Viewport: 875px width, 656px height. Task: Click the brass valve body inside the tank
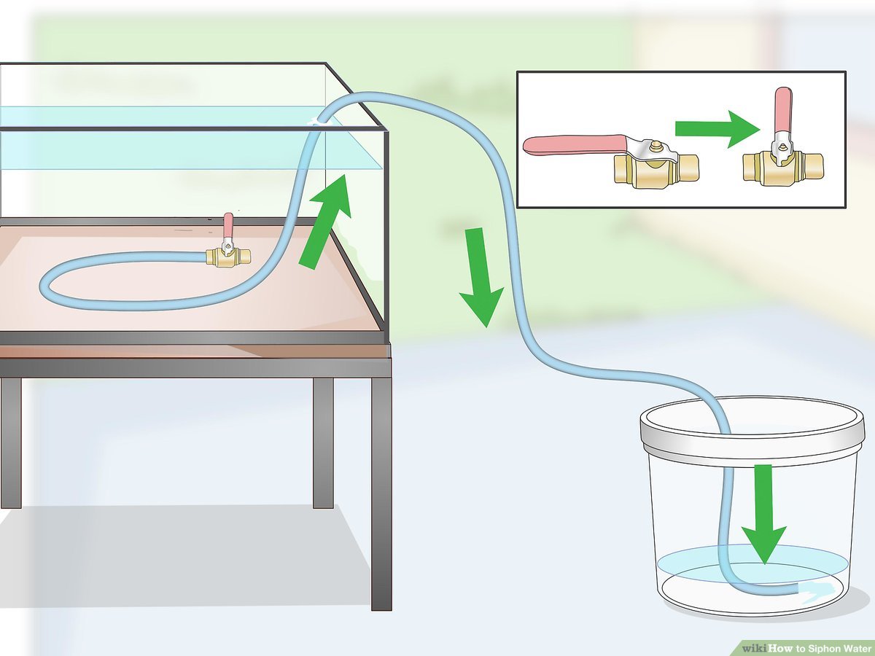point(227,257)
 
